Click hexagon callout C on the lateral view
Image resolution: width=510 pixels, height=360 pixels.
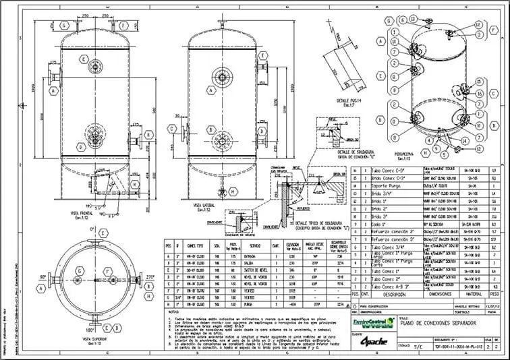(x=173, y=131)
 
